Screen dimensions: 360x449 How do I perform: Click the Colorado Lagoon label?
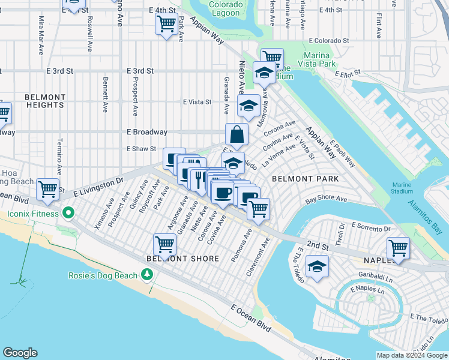click(x=209, y=8)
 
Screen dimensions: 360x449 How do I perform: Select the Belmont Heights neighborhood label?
click(x=45, y=101)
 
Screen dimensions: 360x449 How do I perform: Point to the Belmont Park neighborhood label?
click(x=305, y=179)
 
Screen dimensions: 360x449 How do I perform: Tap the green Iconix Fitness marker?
click(x=68, y=213)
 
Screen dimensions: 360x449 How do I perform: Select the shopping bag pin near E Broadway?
click(x=237, y=135)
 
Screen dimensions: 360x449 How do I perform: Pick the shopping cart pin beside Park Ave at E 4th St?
click(x=166, y=25)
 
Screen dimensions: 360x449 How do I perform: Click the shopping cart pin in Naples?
click(x=399, y=247)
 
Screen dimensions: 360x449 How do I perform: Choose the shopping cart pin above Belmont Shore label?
click(x=164, y=244)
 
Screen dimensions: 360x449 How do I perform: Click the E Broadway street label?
click(x=146, y=132)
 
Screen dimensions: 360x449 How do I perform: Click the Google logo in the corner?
click(x=20, y=353)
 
